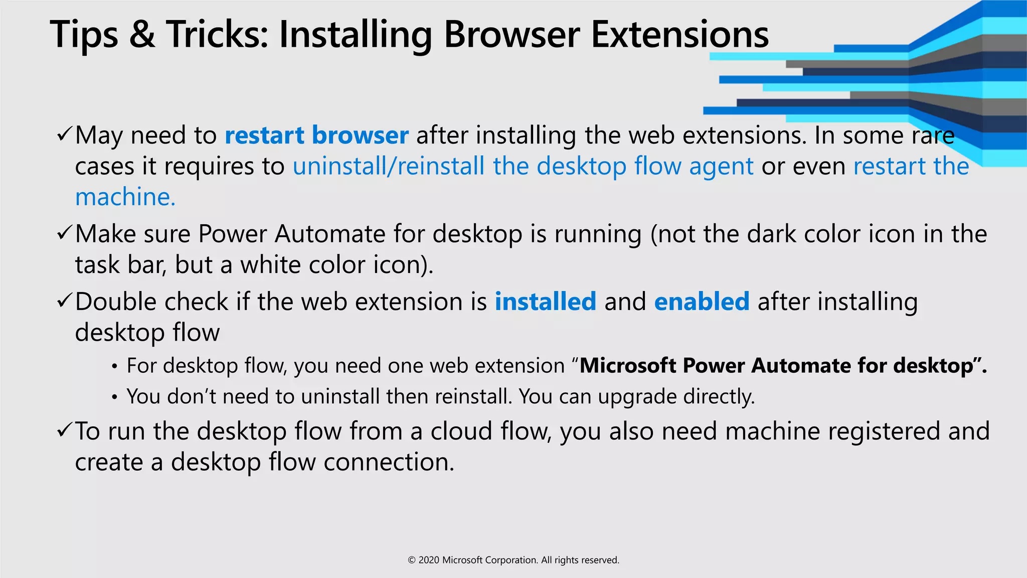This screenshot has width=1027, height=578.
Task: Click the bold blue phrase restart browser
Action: pos(316,135)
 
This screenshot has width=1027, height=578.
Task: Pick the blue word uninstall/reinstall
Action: pos(389,166)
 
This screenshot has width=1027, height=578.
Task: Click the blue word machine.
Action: pos(125,197)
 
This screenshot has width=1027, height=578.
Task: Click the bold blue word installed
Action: pos(546,302)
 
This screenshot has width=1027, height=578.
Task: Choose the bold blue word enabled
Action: pos(702,302)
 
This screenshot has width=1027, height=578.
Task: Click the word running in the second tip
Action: pos(598,234)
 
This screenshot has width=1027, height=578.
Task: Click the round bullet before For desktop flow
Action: pos(115,367)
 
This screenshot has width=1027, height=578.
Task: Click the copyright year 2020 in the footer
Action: pos(429,560)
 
